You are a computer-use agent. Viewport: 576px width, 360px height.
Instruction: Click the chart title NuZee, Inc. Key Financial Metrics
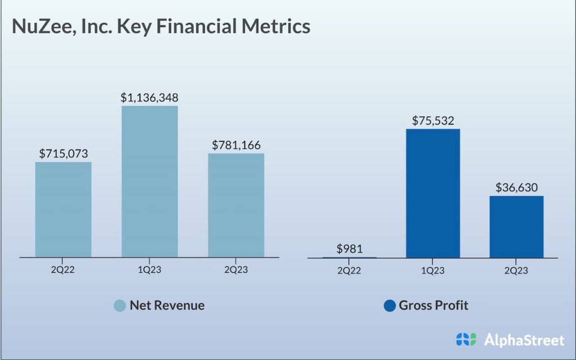click(x=161, y=26)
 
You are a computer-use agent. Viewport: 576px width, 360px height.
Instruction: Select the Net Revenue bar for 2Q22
click(x=63, y=209)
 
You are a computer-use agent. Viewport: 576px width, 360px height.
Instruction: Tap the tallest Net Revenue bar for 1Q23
click(x=150, y=181)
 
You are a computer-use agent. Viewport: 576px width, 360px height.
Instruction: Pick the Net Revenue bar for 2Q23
click(x=236, y=205)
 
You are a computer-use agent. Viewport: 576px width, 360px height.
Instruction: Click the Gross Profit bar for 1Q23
click(x=433, y=193)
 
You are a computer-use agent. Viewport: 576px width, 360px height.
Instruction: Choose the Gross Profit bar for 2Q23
click(x=516, y=227)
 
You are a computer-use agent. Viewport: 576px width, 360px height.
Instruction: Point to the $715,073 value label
click(x=64, y=153)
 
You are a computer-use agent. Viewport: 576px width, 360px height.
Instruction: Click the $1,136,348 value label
click(x=150, y=97)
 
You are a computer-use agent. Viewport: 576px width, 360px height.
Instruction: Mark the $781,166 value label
click(x=236, y=145)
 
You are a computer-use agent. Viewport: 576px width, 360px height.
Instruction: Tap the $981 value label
click(x=349, y=249)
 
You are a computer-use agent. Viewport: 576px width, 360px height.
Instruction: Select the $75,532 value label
click(x=433, y=120)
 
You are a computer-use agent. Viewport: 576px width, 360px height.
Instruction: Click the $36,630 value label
click(x=516, y=187)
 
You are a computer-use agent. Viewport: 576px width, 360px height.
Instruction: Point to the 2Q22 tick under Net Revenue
click(x=63, y=270)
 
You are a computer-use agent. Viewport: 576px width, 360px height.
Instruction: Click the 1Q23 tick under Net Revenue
click(x=150, y=270)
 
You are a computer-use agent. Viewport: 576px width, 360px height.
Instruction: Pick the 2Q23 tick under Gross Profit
click(x=516, y=271)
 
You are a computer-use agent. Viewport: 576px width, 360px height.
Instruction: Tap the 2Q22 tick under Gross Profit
click(x=349, y=271)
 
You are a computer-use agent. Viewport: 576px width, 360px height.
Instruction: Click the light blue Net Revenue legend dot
click(x=120, y=305)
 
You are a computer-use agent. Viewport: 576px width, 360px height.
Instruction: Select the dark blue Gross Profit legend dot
click(x=389, y=305)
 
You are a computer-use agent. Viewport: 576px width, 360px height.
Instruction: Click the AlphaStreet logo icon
click(x=466, y=339)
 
